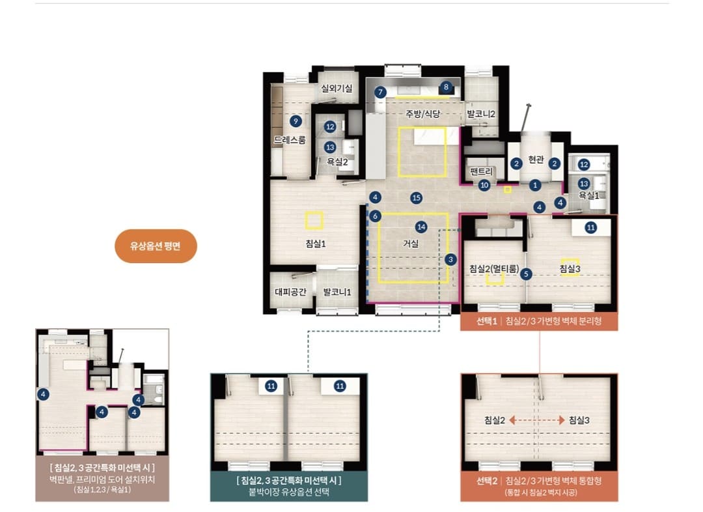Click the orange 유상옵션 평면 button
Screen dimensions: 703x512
coord(156,246)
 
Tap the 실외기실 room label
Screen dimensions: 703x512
coord(337,89)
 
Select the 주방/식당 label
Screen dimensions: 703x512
coord(423,114)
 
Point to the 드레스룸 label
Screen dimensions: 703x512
coord(290,140)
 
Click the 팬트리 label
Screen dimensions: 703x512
coord(481,171)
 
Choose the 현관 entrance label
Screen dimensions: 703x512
coord(536,160)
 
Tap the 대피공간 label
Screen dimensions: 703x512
coord(290,292)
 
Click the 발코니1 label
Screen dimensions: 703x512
coord(337,292)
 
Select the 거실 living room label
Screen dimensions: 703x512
coord(411,244)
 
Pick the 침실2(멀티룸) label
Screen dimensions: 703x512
coord(494,269)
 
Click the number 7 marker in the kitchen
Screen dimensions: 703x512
coord(380,92)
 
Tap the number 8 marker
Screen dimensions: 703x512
coord(446,87)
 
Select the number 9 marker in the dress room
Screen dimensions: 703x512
coord(295,121)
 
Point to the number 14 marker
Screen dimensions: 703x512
coord(421,227)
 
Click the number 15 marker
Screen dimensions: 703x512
coord(417,197)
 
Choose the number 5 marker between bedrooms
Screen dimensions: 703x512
coord(526,274)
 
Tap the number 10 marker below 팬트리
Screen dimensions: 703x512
coord(484,185)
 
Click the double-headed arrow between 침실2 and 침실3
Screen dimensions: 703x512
coord(536,420)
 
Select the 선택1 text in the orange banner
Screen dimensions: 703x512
coord(486,321)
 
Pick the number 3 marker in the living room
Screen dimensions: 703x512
coord(450,259)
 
